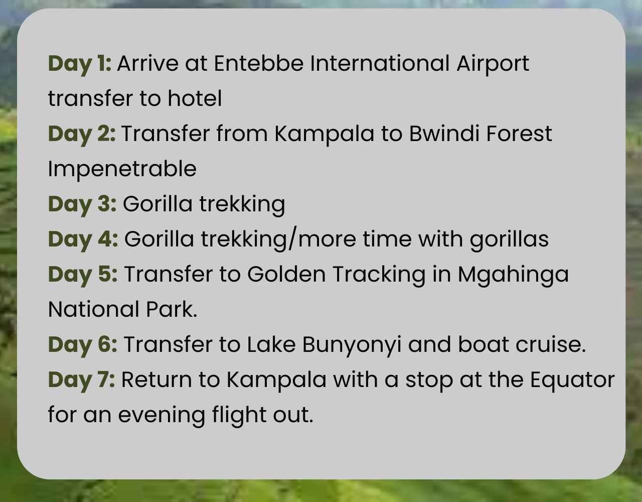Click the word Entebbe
click(x=258, y=63)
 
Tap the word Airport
click(x=493, y=65)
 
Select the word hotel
click(x=195, y=98)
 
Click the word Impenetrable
click(x=122, y=170)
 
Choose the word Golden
click(x=286, y=274)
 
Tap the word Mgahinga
click(x=513, y=276)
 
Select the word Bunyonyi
click(x=352, y=346)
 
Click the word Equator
click(x=573, y=381)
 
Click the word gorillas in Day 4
click(x=509, y=240)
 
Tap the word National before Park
click(x=93, y=309)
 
